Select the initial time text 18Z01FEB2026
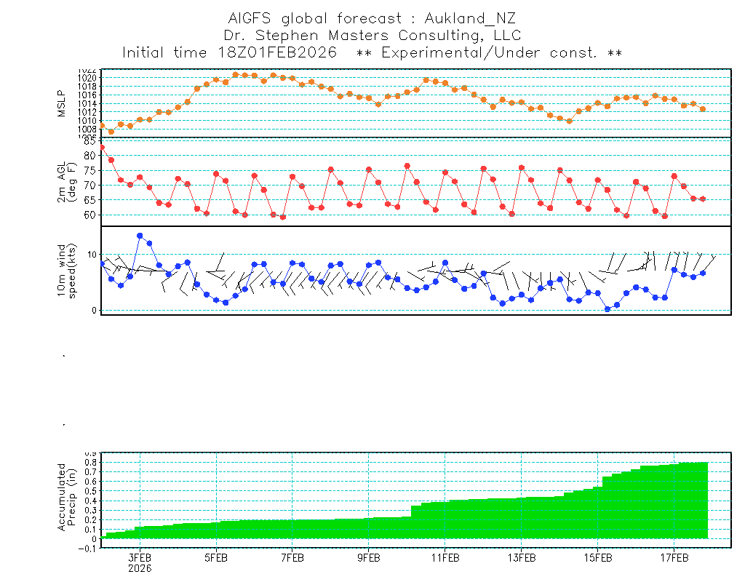(x=276, y=53)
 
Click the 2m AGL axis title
(x=67, y=181)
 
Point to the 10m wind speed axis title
(x=67, y=270)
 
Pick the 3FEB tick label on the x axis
(x=140, y=559)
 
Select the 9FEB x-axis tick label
(x=369, y=559)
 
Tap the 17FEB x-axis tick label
(x=674, y=559)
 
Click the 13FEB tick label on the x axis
(x=522, y=559)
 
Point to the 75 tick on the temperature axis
(x=90, y=170)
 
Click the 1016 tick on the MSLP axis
(x=87, y=95)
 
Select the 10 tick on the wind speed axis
(x=92, y=255)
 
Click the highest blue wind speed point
(x=140, y=236)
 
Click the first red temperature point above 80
(x=102, y=148)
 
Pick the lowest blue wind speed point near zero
(x=607, y=309)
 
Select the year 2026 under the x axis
(x=140, y=568)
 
